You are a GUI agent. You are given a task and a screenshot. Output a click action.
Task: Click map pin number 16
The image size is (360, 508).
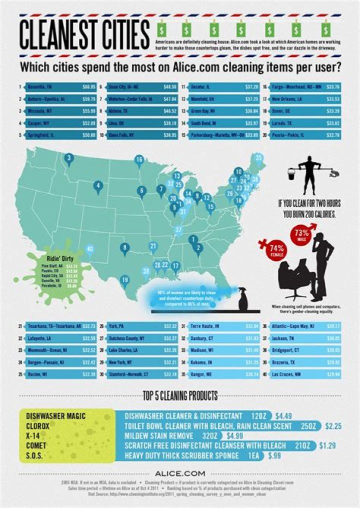point(139,160)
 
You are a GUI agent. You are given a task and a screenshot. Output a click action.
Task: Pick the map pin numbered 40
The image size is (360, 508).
point(90,249)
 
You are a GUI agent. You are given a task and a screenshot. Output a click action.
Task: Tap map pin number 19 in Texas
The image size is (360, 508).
point(124,280)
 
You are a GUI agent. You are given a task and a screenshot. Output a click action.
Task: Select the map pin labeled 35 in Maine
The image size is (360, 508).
point(258,158)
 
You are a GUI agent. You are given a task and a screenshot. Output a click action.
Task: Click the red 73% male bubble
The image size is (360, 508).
point(301,232)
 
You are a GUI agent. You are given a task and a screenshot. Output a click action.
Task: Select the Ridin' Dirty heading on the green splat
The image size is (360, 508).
point(57,258)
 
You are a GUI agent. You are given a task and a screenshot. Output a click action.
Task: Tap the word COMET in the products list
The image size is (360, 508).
point(36,445)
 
